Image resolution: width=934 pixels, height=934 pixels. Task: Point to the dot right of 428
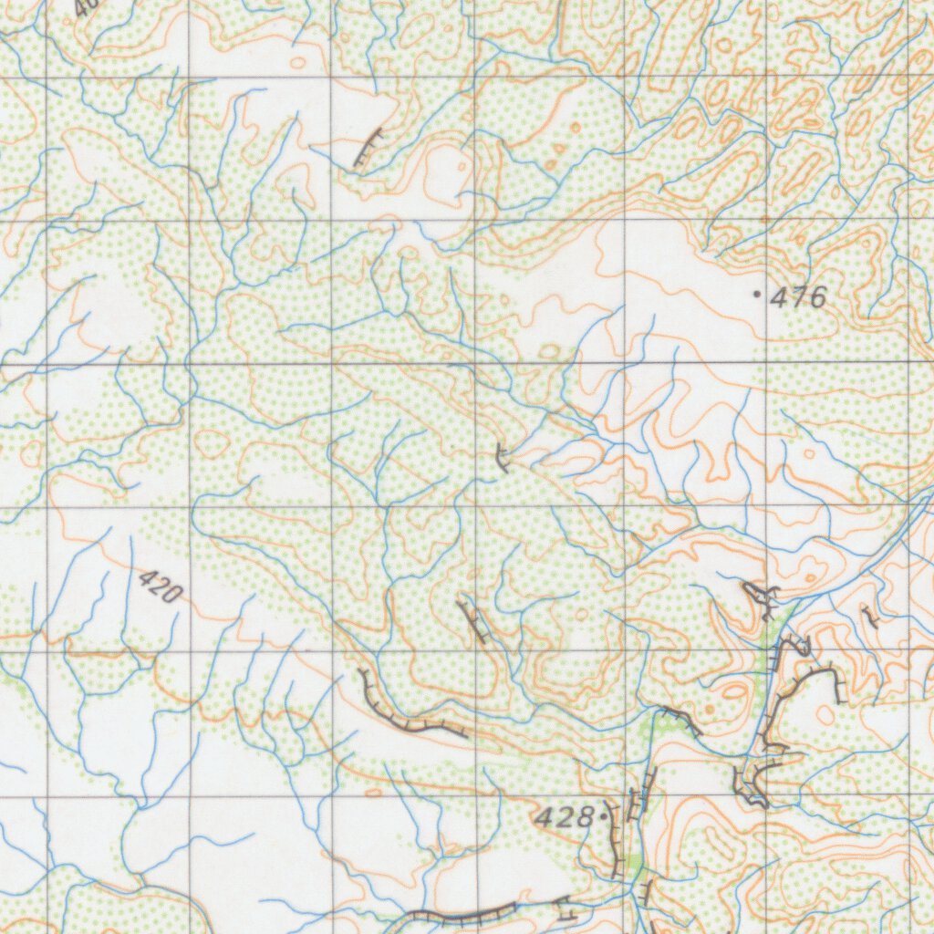coord(603,817)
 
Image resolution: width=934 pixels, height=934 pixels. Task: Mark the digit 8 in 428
coord(585,818)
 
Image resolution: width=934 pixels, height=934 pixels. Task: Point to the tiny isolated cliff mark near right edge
coord(870,618)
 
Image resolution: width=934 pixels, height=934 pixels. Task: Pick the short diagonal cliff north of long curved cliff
coord(472,621)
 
